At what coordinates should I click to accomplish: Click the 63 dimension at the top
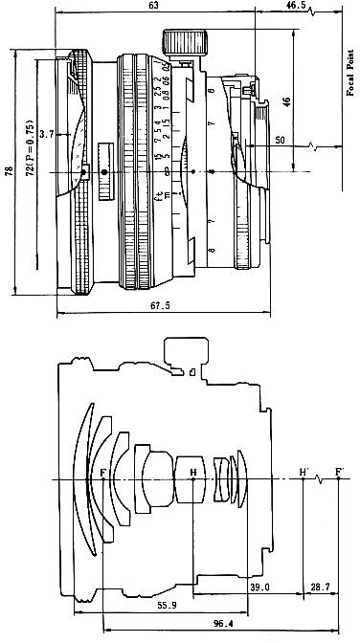pyautogui.click(x=152, y=7)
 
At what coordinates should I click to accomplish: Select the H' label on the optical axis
pyautogui.click(x=304, y=471)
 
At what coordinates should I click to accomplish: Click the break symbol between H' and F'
pyautogui.click(x=320, y=480)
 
